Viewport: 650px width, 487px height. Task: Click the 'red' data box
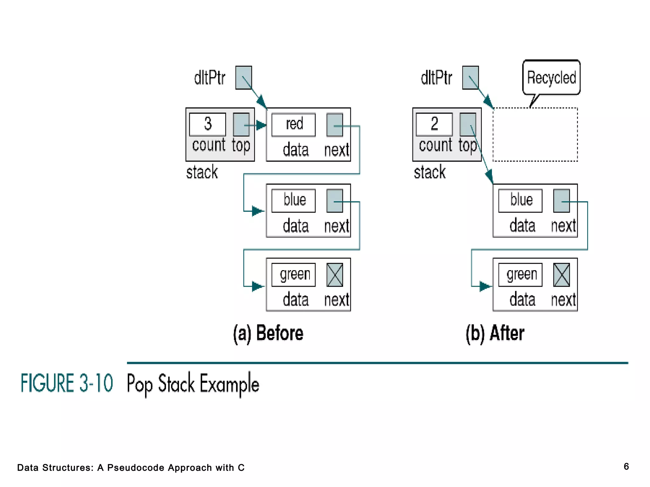(294, 125)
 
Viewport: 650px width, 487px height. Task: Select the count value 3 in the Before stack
(208, 124)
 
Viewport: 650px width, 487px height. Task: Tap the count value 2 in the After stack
(434, 124)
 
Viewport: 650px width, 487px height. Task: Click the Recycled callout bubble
(551, 78)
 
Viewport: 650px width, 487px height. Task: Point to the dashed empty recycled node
(535, 134)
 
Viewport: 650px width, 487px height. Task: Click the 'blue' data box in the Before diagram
(294, 200)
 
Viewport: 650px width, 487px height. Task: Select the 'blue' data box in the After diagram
(520, 200)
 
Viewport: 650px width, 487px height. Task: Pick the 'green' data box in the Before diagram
(294, 275)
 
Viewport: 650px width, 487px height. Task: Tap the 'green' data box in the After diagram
(520, 275)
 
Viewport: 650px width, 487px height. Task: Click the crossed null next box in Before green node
(335, 275)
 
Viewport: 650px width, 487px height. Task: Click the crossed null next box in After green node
(561, 275)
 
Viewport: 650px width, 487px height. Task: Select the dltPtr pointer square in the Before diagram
(243, 78)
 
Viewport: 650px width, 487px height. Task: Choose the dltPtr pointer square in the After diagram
(470, 78)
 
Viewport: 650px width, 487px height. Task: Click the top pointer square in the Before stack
(241, 125)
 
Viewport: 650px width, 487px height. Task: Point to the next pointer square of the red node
(335, 125)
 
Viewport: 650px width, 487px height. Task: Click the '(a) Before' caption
(268, 333)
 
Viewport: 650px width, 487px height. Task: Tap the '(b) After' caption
(495, 333)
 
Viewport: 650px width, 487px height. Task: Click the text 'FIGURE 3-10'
(67, 383)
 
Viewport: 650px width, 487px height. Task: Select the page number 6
(626, 466)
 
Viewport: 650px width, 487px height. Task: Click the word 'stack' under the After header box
(430, 172)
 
